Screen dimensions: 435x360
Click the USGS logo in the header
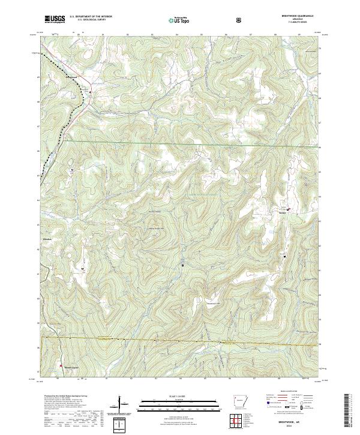[55, 19]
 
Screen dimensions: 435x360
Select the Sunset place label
[281, 211]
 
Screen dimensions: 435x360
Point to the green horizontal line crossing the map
[180, 145]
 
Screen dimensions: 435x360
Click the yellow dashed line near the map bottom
[180, 341]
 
